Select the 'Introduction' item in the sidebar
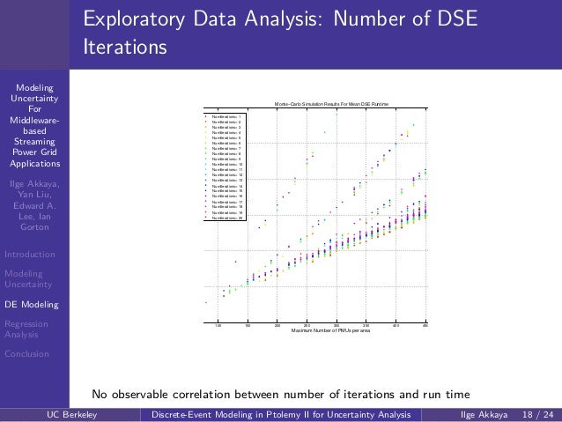tap(29, 255)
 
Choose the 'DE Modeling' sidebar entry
tap(32, 305)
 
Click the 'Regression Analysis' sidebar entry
tap(26, 329)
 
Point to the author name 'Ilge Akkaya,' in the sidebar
tap(35, 183)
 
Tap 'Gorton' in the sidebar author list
tap(35, 226)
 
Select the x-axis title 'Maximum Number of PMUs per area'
tap(330, 330)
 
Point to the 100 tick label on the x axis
tap(218, 324)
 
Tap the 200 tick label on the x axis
tap(277, 324)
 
